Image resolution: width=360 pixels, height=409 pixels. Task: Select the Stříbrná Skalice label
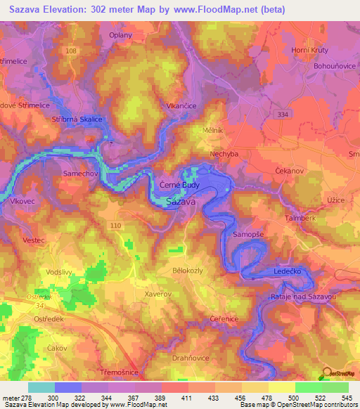(77, 119)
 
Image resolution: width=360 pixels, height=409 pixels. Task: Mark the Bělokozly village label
(188, 270)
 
